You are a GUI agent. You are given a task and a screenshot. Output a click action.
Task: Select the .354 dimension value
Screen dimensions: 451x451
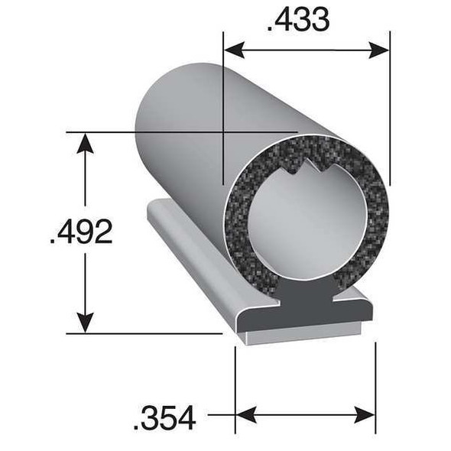(x=164, y=417)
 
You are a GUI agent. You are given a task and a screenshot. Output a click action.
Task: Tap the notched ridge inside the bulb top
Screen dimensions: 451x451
(x=306, y=161)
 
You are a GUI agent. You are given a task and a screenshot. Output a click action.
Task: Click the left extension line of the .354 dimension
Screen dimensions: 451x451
(x=235, y=382)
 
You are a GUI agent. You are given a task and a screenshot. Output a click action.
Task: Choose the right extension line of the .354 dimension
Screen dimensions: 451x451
(x=375, y=382)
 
